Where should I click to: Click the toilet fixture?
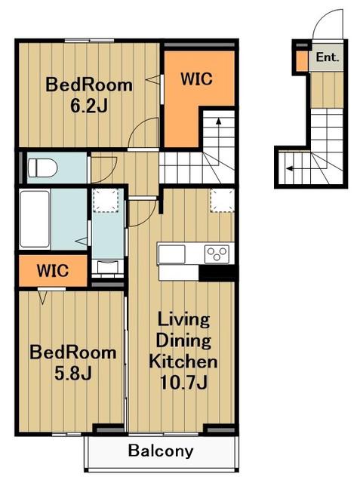coord(42,168)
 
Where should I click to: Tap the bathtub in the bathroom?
coord(35,219)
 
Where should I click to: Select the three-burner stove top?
coord(217,254)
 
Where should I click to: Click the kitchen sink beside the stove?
coord(171,254)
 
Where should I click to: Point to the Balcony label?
coord(161,451)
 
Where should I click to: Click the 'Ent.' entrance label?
coord(328,57)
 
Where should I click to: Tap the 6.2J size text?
coord(89,106)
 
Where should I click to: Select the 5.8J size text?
coord(73,374)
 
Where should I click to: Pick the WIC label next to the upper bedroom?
coord(196,78)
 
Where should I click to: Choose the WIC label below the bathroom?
coord(53,271)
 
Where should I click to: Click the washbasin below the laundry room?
coord(108,267)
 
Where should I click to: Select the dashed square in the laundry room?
coord(106,200)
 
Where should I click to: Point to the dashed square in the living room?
coord(223,200)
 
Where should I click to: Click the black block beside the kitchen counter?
coord(217,273)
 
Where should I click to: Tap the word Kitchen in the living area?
coord(183,361)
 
